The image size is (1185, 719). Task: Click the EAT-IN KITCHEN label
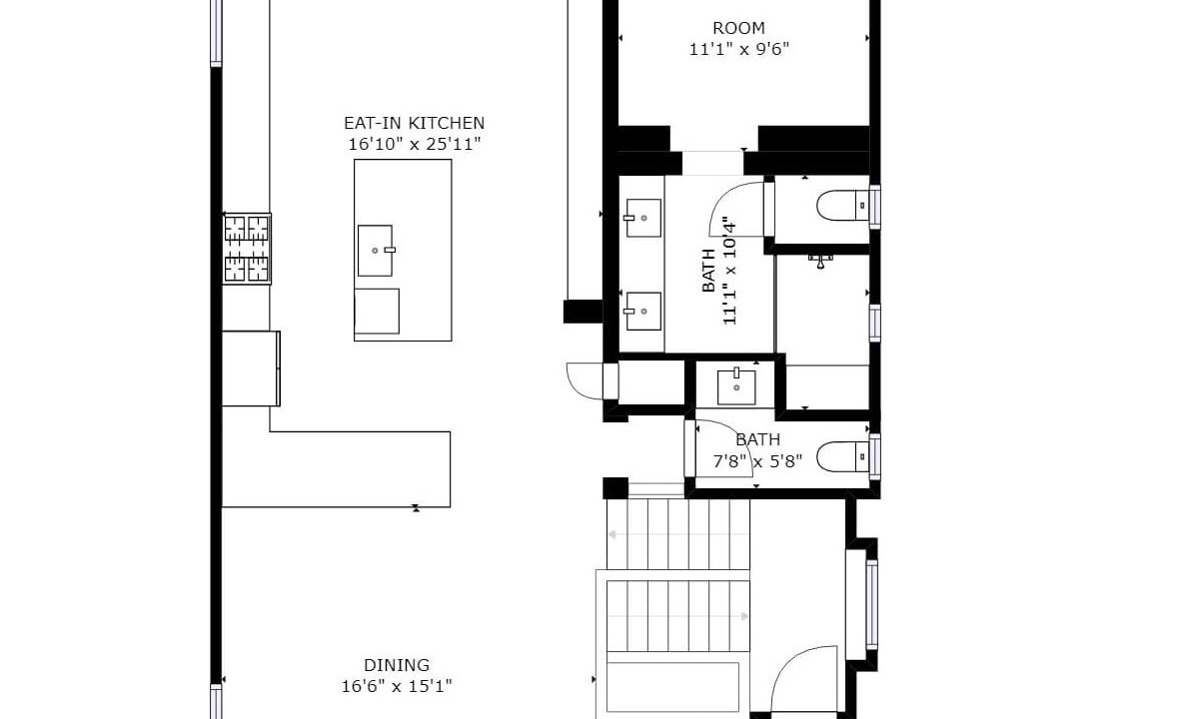414,123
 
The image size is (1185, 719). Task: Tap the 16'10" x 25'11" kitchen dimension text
414,144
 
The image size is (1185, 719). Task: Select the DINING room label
397,665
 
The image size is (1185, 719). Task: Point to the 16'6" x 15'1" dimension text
397,686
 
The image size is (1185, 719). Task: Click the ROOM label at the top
738,29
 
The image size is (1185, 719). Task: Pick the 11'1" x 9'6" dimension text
738,50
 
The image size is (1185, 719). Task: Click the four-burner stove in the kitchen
247,249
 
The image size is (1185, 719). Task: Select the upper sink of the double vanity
643,218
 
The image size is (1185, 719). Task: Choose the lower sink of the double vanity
643,312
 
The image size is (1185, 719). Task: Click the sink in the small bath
736,385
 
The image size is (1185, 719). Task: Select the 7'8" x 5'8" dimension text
757,460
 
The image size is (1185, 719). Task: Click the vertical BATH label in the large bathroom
708,271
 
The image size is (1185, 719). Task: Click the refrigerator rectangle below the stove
251,368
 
